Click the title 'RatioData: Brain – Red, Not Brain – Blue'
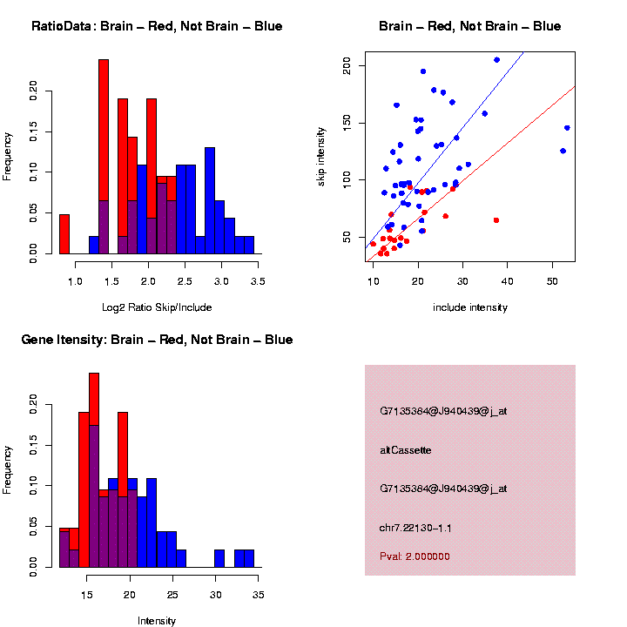157,26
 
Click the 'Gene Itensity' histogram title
157,340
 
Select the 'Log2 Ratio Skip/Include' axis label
157,307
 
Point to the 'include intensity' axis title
470,307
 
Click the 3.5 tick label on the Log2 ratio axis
258,281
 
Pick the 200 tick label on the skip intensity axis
347,65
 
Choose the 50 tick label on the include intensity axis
552,281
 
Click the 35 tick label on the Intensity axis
259,595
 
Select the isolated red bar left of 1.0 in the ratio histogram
64,234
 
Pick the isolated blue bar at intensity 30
219,558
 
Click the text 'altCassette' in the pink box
406,450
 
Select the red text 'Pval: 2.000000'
415,556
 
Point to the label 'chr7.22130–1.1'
415,528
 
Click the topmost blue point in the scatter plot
496,60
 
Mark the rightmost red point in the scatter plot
496,220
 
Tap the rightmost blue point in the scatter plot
567,128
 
